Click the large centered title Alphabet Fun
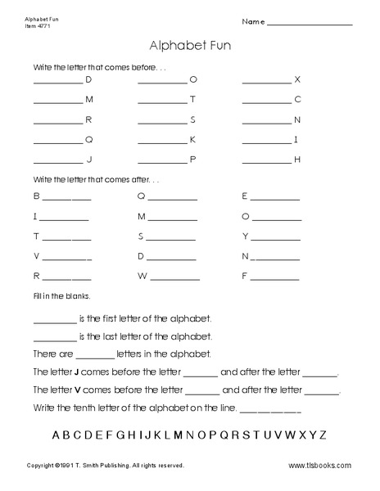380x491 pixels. tap(189, 47)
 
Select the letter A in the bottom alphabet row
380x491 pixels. tap(57, 435)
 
